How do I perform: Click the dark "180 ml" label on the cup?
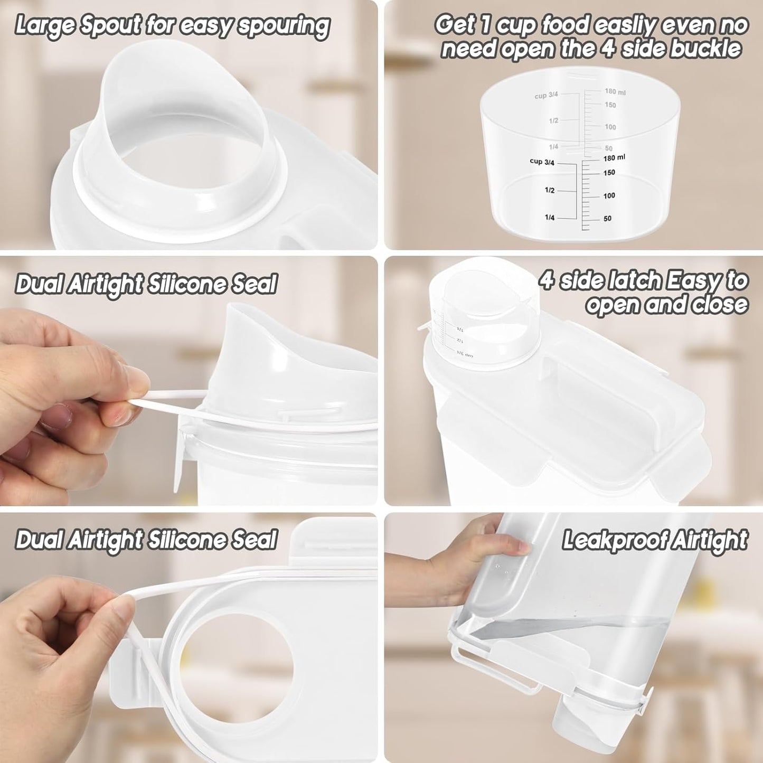coord(614,158)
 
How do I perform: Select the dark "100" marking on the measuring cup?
coord(609,196)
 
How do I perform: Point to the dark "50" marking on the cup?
coord(607,219)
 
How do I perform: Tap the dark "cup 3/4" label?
coord(542,162)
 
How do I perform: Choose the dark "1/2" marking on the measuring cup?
coord(549,190)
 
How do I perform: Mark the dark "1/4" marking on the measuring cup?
coord(549,218)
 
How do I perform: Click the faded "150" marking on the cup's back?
coord(610,105)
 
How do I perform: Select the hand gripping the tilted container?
coord(475,560)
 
